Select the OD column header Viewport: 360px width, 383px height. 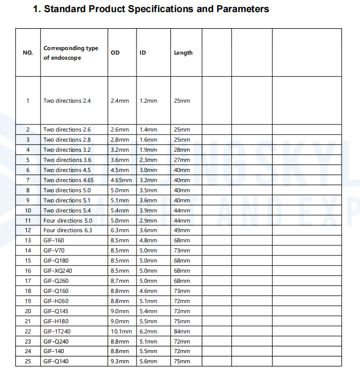(115, 53)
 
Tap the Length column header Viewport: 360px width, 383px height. (183, 53)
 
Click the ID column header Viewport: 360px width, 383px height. (143, 53)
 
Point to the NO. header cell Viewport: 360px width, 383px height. (28, 53)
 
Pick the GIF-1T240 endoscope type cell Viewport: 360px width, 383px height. (57, 331)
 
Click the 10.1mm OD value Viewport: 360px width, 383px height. (121, 331)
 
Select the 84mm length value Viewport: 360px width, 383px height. (182, 331)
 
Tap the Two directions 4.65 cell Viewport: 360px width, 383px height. (68, 180)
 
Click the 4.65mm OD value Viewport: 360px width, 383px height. (121, 180)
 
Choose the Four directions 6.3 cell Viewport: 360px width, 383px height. (68, 230)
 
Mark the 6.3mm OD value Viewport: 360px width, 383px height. (120, 230)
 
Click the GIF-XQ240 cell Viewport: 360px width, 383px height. (58, 271)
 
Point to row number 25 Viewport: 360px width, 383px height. (28, 361)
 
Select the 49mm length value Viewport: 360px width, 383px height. (182, 230)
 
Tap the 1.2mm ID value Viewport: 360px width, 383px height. (148, 101)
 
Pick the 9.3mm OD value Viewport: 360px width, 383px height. (120, 361)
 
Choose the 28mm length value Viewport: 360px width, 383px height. (182, 150)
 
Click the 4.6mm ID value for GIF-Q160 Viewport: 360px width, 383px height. (148, 291)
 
